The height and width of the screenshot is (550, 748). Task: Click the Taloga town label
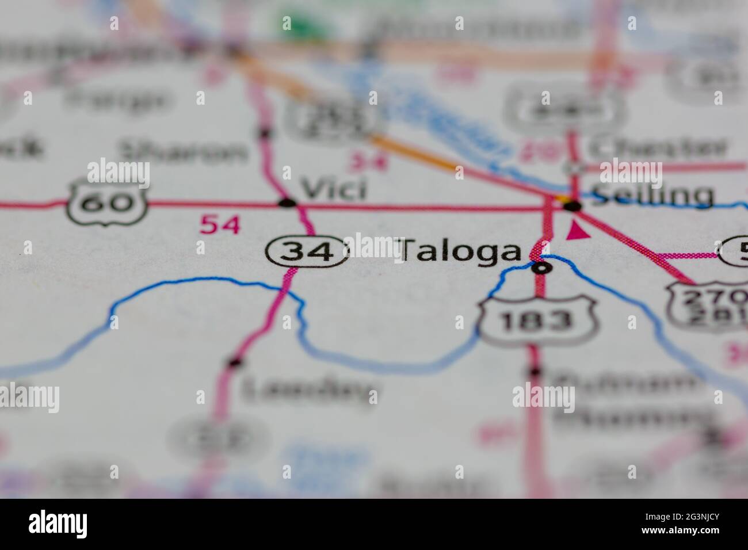pyautogui.click(x=460, y=252)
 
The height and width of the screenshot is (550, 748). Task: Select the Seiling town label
pyautogui.click(x=652, y=196)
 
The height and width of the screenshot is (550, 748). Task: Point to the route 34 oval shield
pyautogui.click(x=307, y=251)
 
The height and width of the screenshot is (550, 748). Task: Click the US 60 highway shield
pyautogui.click(x=107, y=202)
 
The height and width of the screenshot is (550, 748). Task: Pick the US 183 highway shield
pyautogui.click(x=536, y=320)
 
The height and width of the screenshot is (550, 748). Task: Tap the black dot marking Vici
pyautogui.click(x=287, y=203)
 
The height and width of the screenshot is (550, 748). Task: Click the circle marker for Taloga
pyautogui.click(x=541, y=268)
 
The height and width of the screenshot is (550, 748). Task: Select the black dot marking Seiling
pyautogui.click(x=573, y=205)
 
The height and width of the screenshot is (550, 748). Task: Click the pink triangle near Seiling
pyautogui.click(x=578, y=232)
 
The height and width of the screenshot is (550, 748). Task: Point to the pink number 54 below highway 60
pyautogui.click(x=219, y=224)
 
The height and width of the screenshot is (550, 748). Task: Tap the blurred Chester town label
pyautogui.click(x=658, y=148)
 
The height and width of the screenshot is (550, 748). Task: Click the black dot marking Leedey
pyautogui.click(x=234, y=362)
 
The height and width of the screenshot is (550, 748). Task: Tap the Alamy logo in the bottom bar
pyautogui.click(x=58, y=524)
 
